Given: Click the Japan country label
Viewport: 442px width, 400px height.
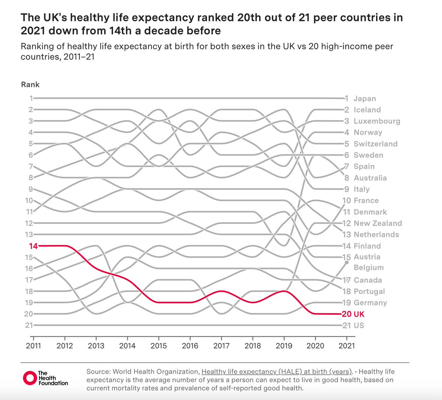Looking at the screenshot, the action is pos(365,98).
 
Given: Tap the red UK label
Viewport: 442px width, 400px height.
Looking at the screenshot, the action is pos(359,314).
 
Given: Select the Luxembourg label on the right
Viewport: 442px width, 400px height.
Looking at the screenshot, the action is pos(377,121).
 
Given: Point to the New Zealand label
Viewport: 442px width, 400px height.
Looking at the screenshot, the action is pos(378,223).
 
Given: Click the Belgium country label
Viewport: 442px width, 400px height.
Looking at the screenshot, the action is pos(369,268).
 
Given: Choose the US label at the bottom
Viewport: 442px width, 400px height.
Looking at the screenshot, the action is pos(359,325).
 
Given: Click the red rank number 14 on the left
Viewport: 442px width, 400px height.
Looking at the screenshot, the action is pos(33,246).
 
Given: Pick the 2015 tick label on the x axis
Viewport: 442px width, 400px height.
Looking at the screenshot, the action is pos(159,346).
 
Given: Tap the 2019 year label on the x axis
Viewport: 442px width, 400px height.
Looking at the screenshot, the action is pos(284,346).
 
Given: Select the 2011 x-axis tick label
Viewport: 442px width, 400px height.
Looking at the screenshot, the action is pos(33,346).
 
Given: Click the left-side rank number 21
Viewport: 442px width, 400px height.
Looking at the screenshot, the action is pos(29,325).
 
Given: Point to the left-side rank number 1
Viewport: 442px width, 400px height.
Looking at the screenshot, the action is pos(31,98).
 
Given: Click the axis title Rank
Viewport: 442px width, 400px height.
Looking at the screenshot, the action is pos(30,85).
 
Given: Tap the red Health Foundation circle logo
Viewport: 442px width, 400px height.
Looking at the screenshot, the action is pos(30,378).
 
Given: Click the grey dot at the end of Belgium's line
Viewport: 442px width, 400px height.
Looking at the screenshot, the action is pos(347,262).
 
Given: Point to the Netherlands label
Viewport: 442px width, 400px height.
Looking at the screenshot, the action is pos(376,234).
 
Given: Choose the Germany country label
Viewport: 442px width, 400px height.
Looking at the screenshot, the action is pos(370,303).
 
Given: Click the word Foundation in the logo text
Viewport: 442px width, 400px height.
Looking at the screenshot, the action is pos(53,383).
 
